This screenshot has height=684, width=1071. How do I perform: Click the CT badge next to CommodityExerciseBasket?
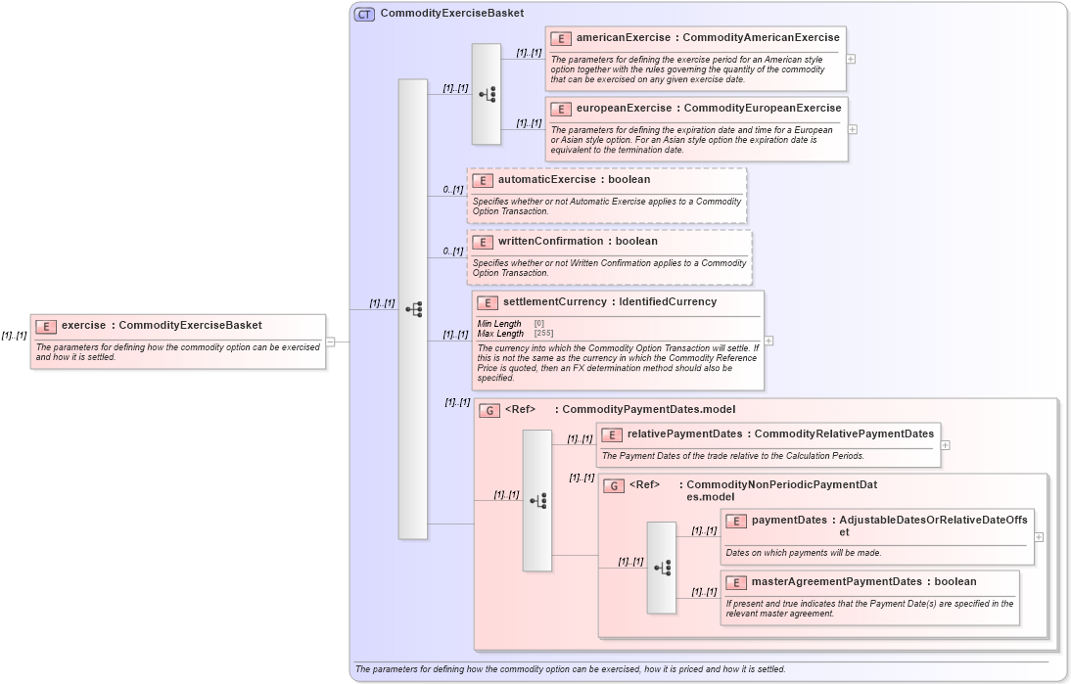[364, 14]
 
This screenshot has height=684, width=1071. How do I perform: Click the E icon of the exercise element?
[46, 326]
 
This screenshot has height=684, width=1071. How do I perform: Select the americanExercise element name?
[623, 38]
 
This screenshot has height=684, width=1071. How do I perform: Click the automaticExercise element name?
[546, 180]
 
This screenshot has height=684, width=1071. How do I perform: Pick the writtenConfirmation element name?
[550, 241]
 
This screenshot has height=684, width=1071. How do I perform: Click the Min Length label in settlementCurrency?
[499, 324]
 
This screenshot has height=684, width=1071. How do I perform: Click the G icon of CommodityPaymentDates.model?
[489, 410]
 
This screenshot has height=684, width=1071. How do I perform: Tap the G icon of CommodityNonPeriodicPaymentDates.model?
[614, 485]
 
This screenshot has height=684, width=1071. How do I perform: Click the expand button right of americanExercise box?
[851, 59]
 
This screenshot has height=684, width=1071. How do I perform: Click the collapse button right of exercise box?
[331, 342]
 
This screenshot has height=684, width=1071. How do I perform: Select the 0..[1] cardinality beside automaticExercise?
[452, 190]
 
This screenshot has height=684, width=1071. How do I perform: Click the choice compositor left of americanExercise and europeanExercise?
[486, 94]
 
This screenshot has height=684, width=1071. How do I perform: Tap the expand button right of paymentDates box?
[1039, 536]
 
